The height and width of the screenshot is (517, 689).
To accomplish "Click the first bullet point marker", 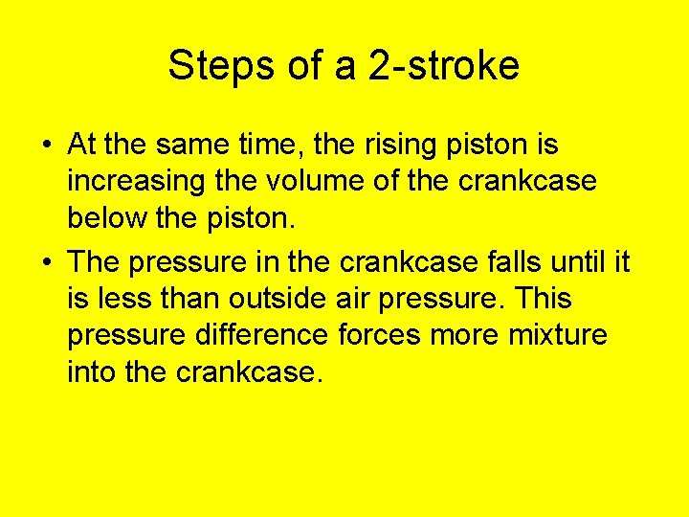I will (46, 146).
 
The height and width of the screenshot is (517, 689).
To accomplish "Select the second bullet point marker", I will (46, 261).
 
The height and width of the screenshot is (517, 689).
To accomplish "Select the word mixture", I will (558, 335).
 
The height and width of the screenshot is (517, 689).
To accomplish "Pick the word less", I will (123, 299).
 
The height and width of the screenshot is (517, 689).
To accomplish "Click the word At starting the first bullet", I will (81, 145).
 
